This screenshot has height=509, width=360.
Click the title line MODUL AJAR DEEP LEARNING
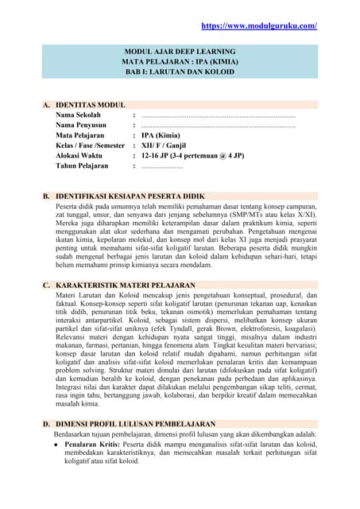click(180, 49)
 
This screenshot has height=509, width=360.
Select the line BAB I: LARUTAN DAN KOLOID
click(180, 72)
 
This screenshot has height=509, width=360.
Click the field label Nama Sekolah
click(77, 115)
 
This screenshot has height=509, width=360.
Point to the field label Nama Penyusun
click(80, 126)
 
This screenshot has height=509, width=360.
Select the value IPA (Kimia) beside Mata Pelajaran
click(166, 136)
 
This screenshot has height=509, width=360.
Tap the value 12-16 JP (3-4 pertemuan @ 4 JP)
click(199, 157)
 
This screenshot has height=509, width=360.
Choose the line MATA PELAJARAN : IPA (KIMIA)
click(180, 60)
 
